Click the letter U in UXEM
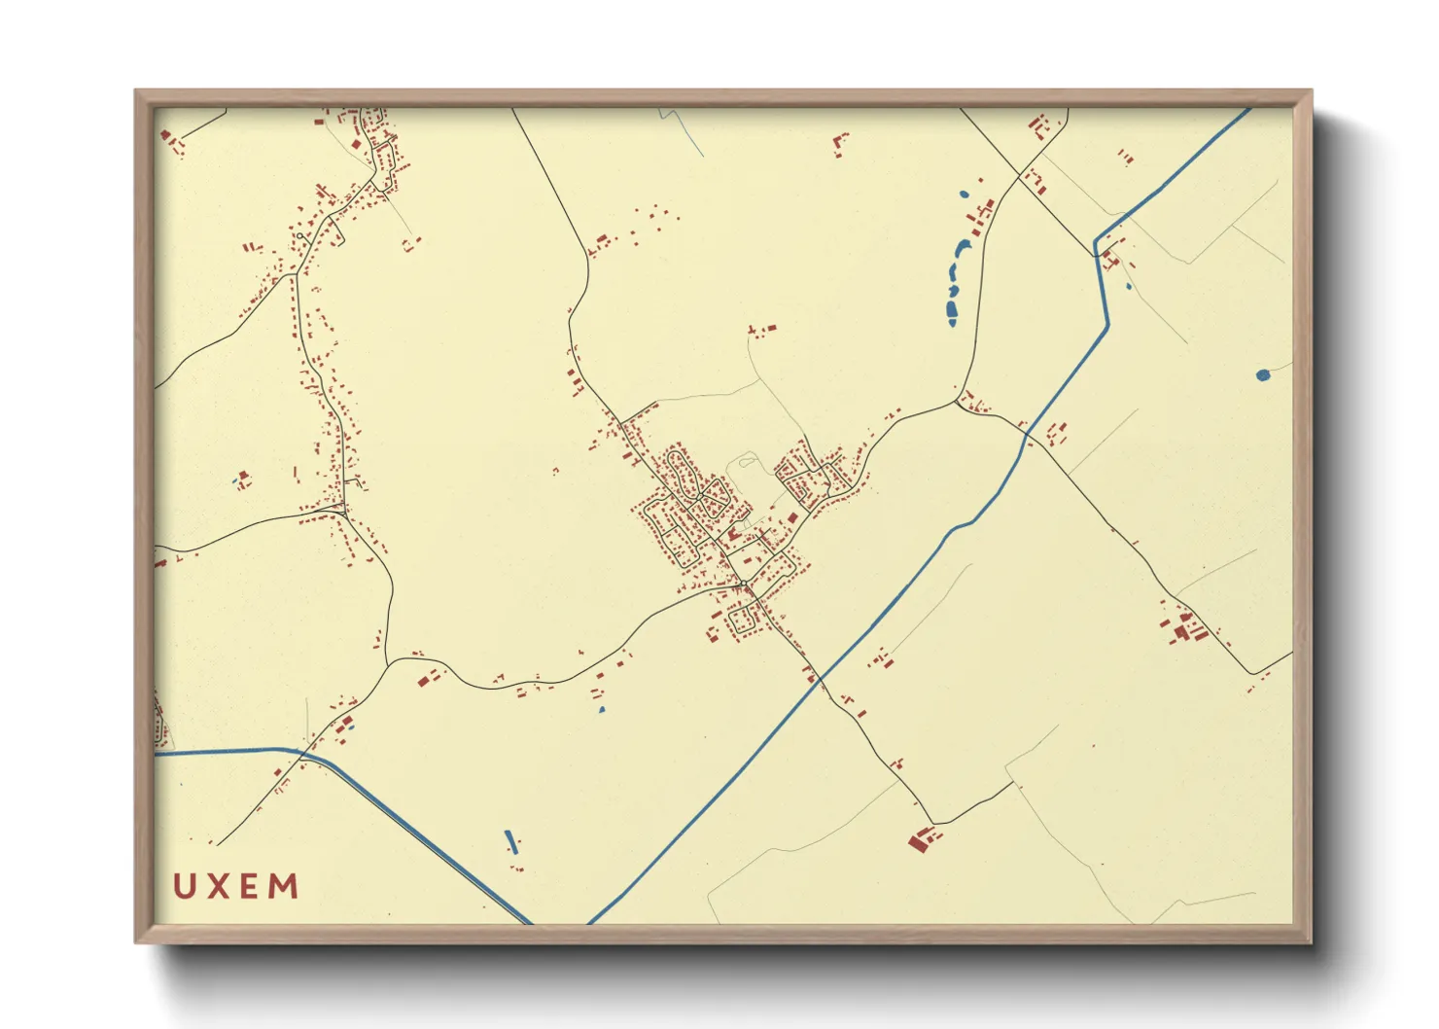click(184, 886)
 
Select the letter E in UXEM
click(249, 886)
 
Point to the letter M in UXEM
click(284, 886)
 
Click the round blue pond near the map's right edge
click(1262, 374)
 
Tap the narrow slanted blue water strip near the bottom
click(510, 840)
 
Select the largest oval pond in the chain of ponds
click(951, 311)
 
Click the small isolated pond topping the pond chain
click(965, 195)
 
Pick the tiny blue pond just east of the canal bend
click(1128, 286)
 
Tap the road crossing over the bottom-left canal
click(303, 753)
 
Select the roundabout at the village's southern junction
click(744, 584)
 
